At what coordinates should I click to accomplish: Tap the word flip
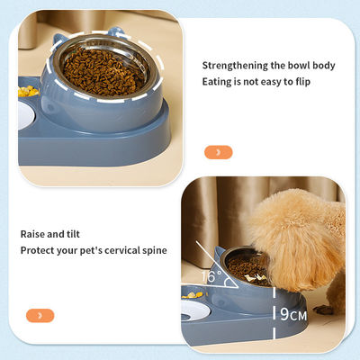(x=303, y=82)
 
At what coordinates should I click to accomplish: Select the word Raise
(x=32, y=234)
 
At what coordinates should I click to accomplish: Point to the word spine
(x=155, y=251)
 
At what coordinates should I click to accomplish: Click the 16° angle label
(x=211, y=276)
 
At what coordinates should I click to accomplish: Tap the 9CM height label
(x=293, y=314)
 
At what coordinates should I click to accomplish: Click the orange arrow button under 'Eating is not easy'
(x=219, y=152)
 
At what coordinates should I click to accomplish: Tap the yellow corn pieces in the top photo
(x=28, y=91)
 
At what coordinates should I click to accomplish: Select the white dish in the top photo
(x=26, y=115)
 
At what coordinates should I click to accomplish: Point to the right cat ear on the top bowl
(x=116, y=32)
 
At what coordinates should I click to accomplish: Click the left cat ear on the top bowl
(x=58, y=40)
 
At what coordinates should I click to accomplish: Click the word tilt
(x=73, y=234)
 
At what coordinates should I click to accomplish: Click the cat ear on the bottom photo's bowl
(x=220, y=256)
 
